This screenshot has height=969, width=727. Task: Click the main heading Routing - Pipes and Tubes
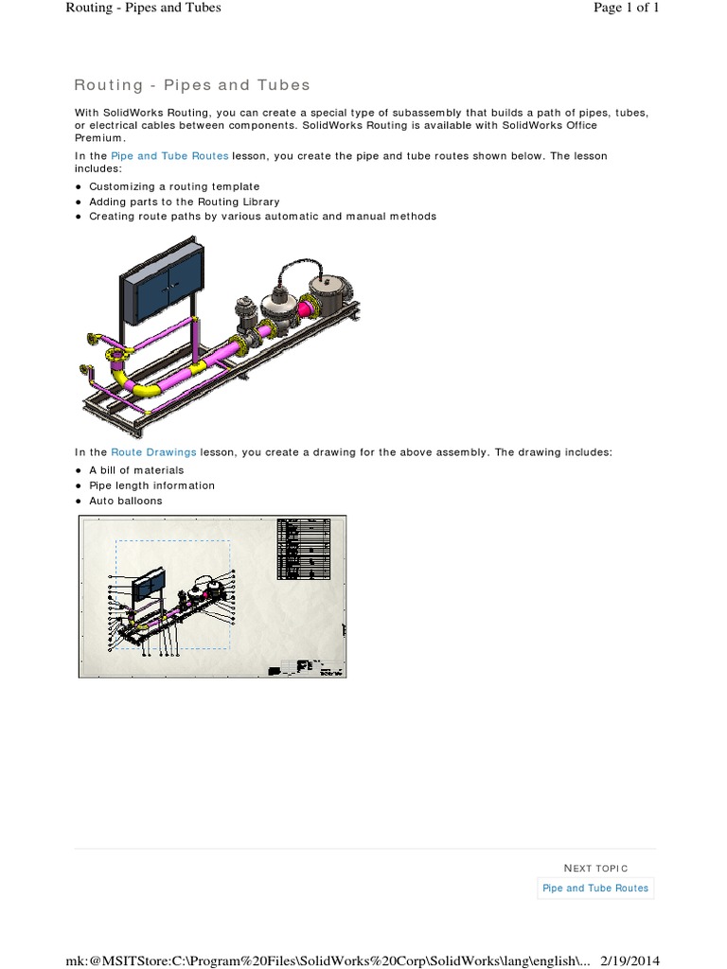tap(192, 85)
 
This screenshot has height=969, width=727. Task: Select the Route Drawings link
tap(153, 452)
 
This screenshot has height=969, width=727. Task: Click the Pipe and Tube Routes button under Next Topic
tap(594, 888)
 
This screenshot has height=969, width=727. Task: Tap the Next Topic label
tap(594, 868)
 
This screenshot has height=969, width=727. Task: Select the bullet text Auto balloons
tap(125, 501)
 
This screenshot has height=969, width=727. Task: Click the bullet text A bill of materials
tap(136, 469)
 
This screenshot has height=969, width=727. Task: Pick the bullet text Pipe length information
tap(151, 485)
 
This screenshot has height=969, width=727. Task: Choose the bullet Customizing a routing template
tap(173, 186)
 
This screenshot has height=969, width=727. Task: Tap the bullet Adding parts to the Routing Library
tap(184, 202)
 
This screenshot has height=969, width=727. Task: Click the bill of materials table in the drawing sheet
tap(304, 548)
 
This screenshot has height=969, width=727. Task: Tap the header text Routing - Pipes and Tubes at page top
tap(143, 9)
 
